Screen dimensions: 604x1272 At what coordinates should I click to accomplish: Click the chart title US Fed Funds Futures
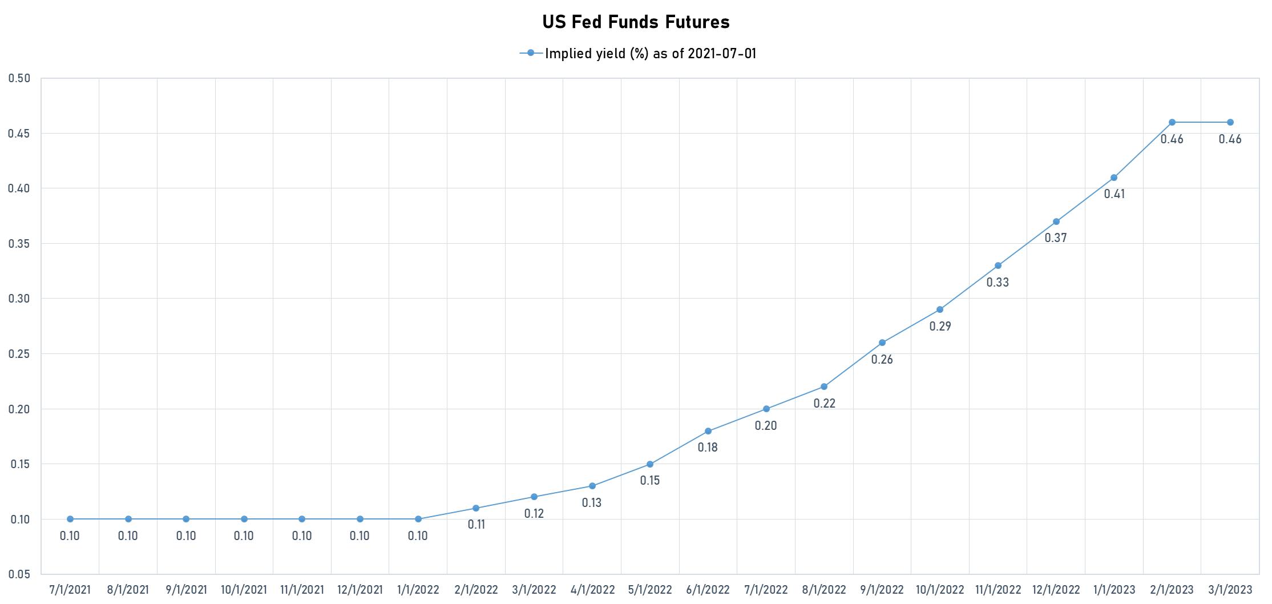(x=636, y=22)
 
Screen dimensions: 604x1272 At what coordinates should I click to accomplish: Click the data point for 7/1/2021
(x=70, y=519)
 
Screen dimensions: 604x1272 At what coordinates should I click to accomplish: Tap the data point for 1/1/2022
(x=418, y=519)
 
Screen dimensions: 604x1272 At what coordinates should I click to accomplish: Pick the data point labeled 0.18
(x=708, y=431)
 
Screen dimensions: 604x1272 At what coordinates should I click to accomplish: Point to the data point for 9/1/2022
(x=882, y=343)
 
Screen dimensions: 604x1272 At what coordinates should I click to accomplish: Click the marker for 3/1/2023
(x=1230, y=122)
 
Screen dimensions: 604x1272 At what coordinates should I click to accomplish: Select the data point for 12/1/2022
(x=1056, y=222)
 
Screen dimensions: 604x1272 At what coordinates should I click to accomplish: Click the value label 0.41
(x=1114, y=194)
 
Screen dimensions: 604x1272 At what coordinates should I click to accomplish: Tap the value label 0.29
(x=940, y=327)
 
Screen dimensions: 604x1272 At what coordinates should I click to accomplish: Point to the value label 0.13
(x=592, y=503)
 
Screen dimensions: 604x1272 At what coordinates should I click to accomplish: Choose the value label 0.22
(x=824, y=404)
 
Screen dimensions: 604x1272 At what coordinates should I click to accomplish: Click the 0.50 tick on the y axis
(x=19, y=78)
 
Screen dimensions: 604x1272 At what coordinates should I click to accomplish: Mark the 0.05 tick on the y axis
(x=19, y=574)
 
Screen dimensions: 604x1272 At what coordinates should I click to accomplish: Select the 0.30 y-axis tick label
(x=19, y=299)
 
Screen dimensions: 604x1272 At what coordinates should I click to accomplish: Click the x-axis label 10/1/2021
(x=244, y=590)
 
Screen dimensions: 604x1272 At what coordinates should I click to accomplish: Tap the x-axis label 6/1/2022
(x=708, y=590)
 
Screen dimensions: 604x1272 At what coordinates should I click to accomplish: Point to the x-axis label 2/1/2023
(x=1172, y=590)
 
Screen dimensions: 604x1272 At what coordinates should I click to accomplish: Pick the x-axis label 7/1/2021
(x=70, y=590)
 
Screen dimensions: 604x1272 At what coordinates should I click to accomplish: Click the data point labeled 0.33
(x=998, y=265)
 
